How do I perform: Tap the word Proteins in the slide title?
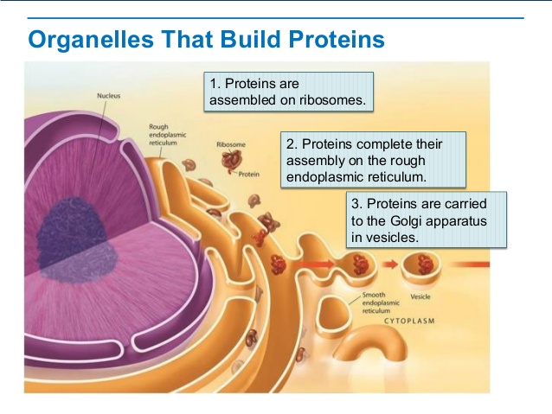[x=331, y=40]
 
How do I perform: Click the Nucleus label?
[x=109, y=95]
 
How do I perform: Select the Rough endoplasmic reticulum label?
[x=164, y=136]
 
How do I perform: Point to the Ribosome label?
[x=231, y=144]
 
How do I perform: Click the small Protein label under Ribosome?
[x=249, y=174]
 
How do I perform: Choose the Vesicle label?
[x=420, y=296]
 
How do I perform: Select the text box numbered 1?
[x=290, y=92]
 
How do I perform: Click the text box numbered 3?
[x=426, y=220]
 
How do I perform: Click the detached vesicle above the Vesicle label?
[x=425, y=264]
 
